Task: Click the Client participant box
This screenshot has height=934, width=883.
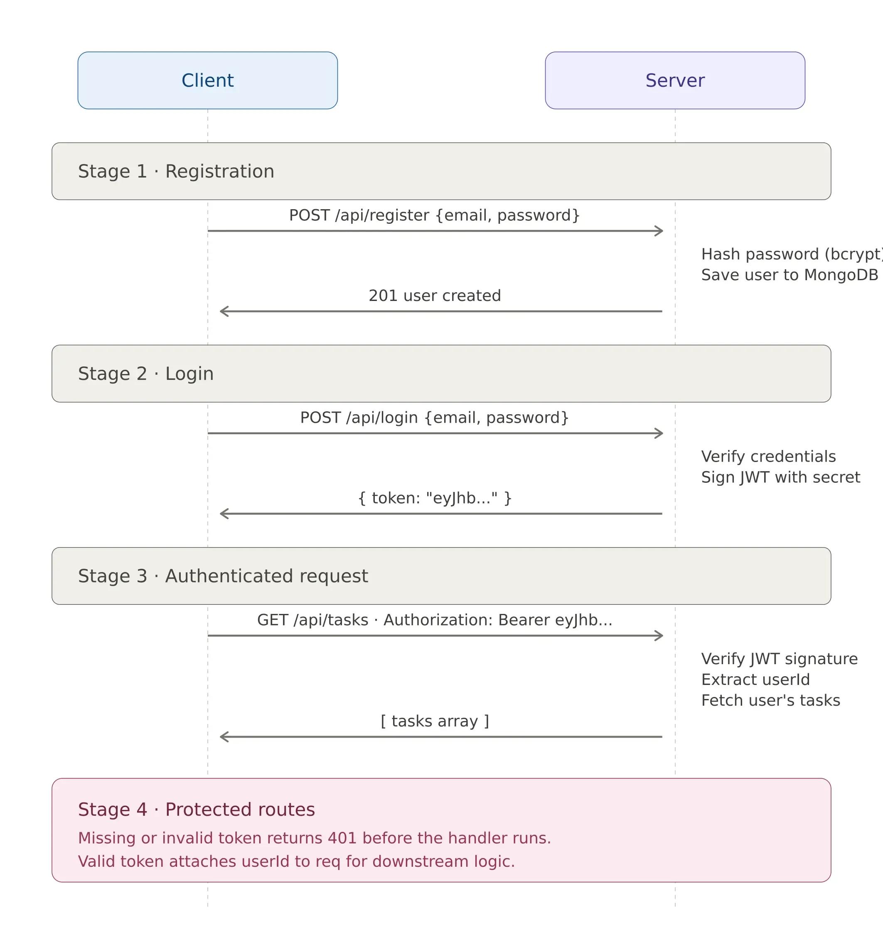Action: point(208,81)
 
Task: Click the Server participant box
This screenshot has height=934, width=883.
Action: point(674,81)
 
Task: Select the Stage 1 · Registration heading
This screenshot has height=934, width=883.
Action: point(176,171)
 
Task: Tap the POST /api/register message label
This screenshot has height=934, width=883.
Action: point(434,215)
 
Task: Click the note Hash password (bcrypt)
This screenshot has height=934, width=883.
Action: point(791,254)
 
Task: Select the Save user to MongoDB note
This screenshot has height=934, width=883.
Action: point(790,275)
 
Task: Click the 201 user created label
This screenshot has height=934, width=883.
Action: point(435,295)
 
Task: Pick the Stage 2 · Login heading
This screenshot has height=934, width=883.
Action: point(146,374)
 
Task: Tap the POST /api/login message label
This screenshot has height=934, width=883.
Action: point(434,418)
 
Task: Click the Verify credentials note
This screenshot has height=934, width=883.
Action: point(768,456)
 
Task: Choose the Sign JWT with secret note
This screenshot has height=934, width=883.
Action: point(780,477)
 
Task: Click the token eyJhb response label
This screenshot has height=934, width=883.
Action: point(435,498)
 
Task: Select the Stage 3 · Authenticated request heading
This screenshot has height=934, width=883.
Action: point(223,576)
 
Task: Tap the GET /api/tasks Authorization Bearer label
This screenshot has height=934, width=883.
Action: point(434,620)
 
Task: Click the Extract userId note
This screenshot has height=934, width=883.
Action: point(755,679)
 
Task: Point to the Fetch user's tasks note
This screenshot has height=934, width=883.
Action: point(770,700)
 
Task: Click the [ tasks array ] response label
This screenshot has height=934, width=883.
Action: point(435,721)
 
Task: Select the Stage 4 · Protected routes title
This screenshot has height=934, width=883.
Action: point(196,809)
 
